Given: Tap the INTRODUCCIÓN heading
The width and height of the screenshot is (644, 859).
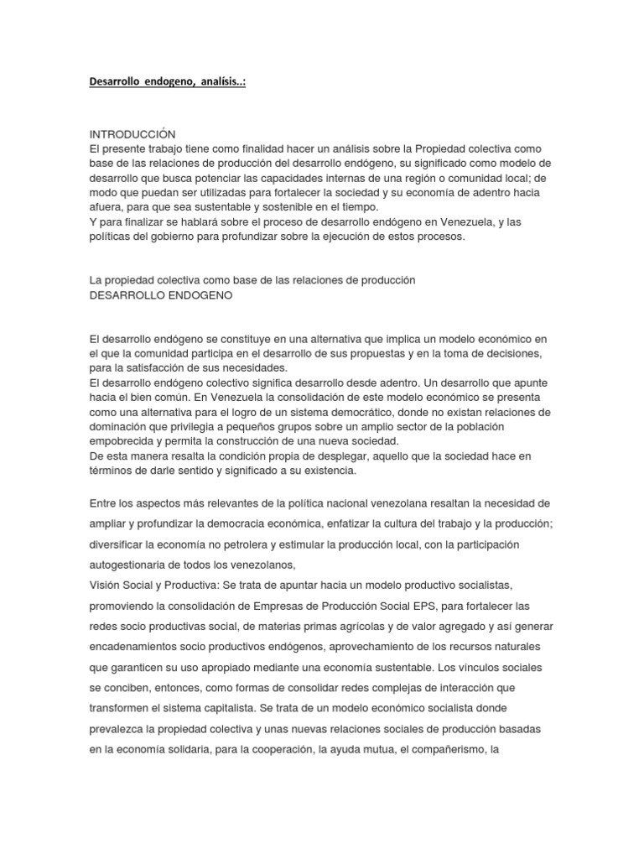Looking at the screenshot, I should [x=132, y=134].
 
